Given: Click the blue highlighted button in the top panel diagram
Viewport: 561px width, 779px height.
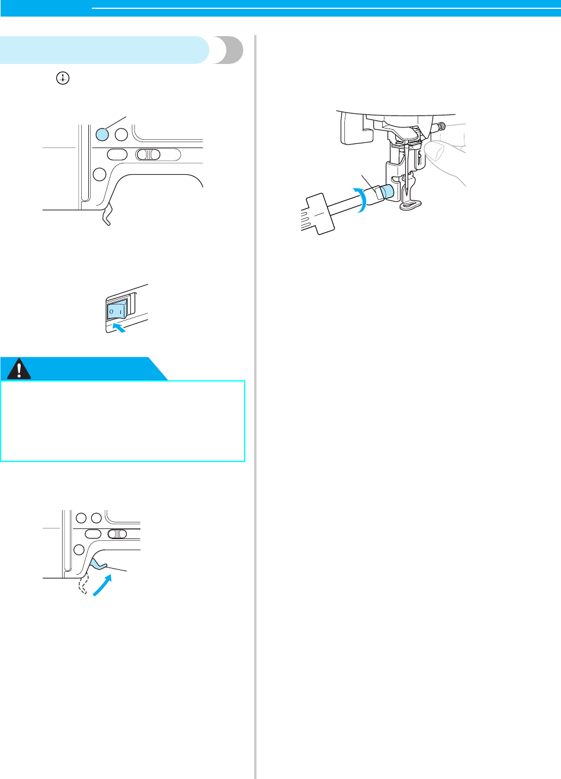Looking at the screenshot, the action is pos(102,134).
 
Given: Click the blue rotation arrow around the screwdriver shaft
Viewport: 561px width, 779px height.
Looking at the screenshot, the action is pos(361,198).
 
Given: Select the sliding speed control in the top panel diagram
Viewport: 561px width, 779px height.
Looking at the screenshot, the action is pos(149,155).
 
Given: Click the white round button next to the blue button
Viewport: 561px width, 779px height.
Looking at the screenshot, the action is pos(121,134).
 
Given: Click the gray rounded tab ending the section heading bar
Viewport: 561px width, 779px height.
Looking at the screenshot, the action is pos(231,50).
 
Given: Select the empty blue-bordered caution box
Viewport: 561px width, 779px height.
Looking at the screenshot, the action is pos(123,421).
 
